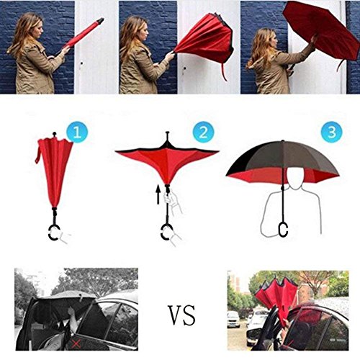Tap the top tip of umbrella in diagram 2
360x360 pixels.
tap(168, 132)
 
